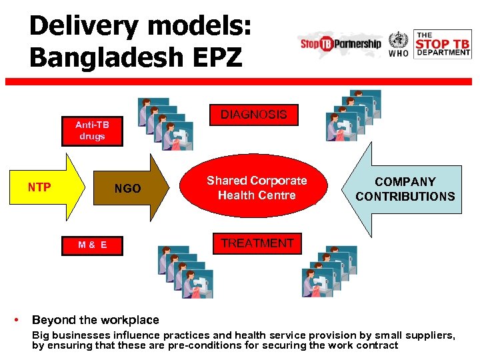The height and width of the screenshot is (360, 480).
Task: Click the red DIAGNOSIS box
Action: point(253,115)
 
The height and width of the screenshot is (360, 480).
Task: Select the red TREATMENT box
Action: point(257,243)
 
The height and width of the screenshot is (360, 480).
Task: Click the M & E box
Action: point(92,245)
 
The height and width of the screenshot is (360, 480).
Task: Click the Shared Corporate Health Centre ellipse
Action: point(257,188)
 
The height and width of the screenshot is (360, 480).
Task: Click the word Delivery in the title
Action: point(84,27)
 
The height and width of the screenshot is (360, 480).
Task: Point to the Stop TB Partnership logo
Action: point(341,43)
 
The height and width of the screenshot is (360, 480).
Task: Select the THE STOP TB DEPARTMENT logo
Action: point(443,44)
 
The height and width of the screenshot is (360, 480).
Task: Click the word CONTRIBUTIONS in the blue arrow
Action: point(405,197)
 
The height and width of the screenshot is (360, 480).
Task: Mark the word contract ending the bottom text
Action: point(377,345)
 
